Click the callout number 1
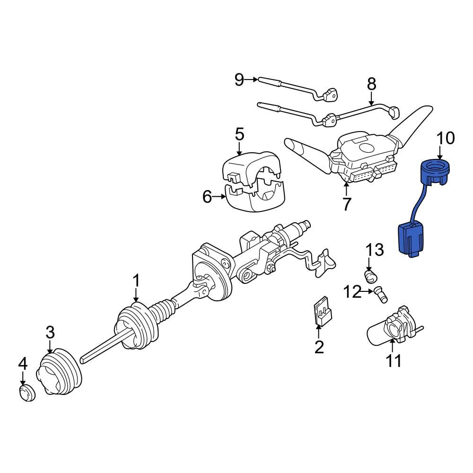(136, 281)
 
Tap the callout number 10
(445, 138)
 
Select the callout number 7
(347, 204)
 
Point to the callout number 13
(374, 250)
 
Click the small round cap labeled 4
(27, 393)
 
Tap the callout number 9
(239, 80)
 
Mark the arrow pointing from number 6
(220, 197)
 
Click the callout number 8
(371, 84)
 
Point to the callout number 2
(319, 348)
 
